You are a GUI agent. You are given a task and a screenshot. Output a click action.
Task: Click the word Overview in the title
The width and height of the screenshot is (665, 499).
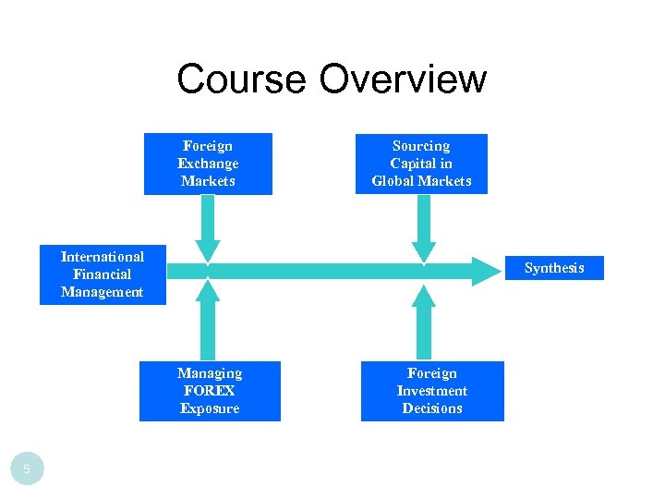coord(402,79)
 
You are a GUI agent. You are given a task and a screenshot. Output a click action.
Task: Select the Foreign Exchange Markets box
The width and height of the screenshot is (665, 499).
coord(208,164)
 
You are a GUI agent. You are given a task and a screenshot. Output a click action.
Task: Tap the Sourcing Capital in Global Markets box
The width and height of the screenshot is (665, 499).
coord(421,164)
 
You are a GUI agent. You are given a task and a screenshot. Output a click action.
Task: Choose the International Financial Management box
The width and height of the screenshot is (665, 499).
coord(103,274)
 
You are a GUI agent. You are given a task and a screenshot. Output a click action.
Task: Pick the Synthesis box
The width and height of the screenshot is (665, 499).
coord(554,268)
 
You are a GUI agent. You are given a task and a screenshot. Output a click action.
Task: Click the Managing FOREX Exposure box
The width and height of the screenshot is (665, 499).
coord(210,391)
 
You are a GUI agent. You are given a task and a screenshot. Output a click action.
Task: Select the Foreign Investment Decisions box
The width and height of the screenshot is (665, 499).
coord(432,391)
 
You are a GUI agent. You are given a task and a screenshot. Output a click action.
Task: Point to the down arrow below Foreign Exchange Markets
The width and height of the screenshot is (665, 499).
coord(208,231)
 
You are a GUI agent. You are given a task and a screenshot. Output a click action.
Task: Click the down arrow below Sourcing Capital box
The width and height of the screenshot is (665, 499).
coord(423,231)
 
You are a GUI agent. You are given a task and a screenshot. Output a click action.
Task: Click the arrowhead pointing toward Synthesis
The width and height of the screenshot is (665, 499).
coord(486,271)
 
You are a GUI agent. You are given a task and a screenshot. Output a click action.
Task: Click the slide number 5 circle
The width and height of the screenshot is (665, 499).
coord(27,469)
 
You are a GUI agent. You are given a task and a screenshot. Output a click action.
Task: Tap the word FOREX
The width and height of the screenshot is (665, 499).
coord(210,391)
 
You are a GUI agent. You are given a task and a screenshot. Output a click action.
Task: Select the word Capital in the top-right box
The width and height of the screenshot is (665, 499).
coord(421,164)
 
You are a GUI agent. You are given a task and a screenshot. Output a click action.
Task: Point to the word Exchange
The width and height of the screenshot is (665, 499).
coord(208,164)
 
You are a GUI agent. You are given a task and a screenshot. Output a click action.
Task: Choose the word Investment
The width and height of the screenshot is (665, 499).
coord(432,391)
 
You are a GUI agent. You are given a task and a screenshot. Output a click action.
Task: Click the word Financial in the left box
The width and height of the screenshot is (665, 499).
coord(102,274)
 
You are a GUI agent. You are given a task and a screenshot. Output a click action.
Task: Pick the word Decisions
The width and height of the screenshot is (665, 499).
coord(432,408)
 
